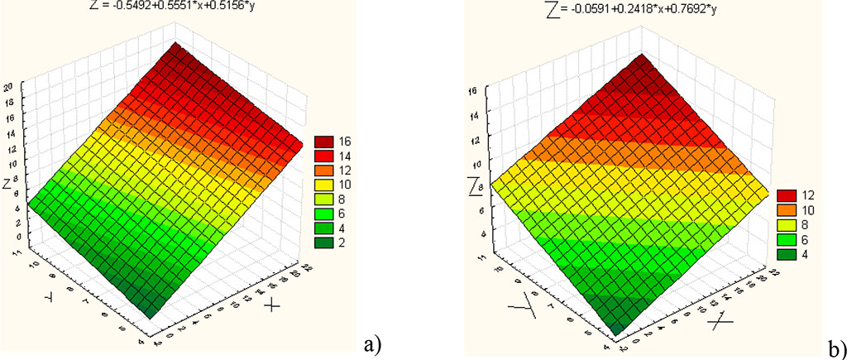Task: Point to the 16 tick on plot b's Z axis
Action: pyautogui.click(x=473, y=90)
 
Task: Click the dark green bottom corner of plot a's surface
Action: pyautogui.click(x=150, y=313)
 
